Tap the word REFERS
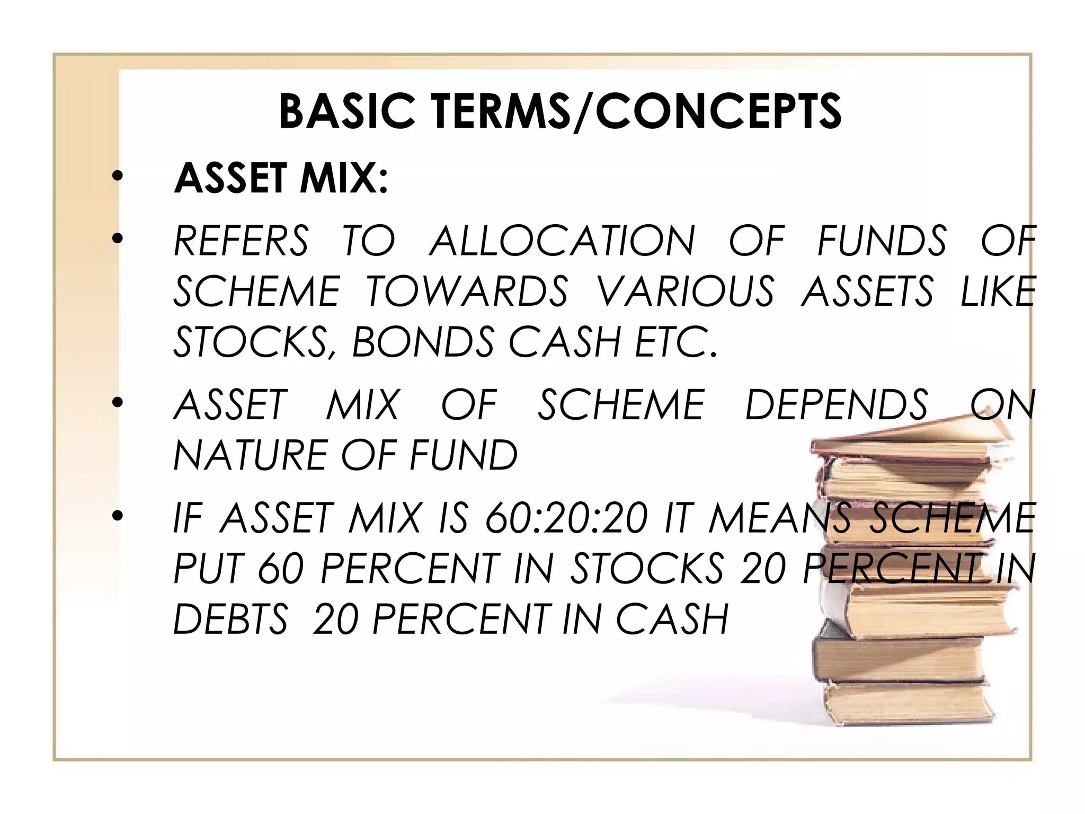241,241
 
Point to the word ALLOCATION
562,241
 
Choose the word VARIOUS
686,291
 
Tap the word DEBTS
230,619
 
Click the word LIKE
998,291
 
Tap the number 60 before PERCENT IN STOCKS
280,568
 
